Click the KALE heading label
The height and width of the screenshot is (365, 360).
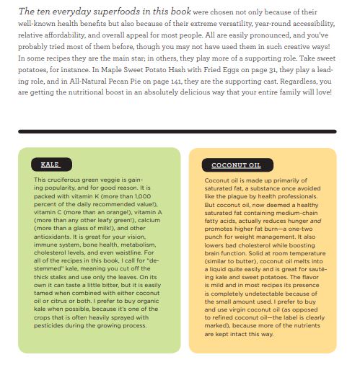pos(51,164)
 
